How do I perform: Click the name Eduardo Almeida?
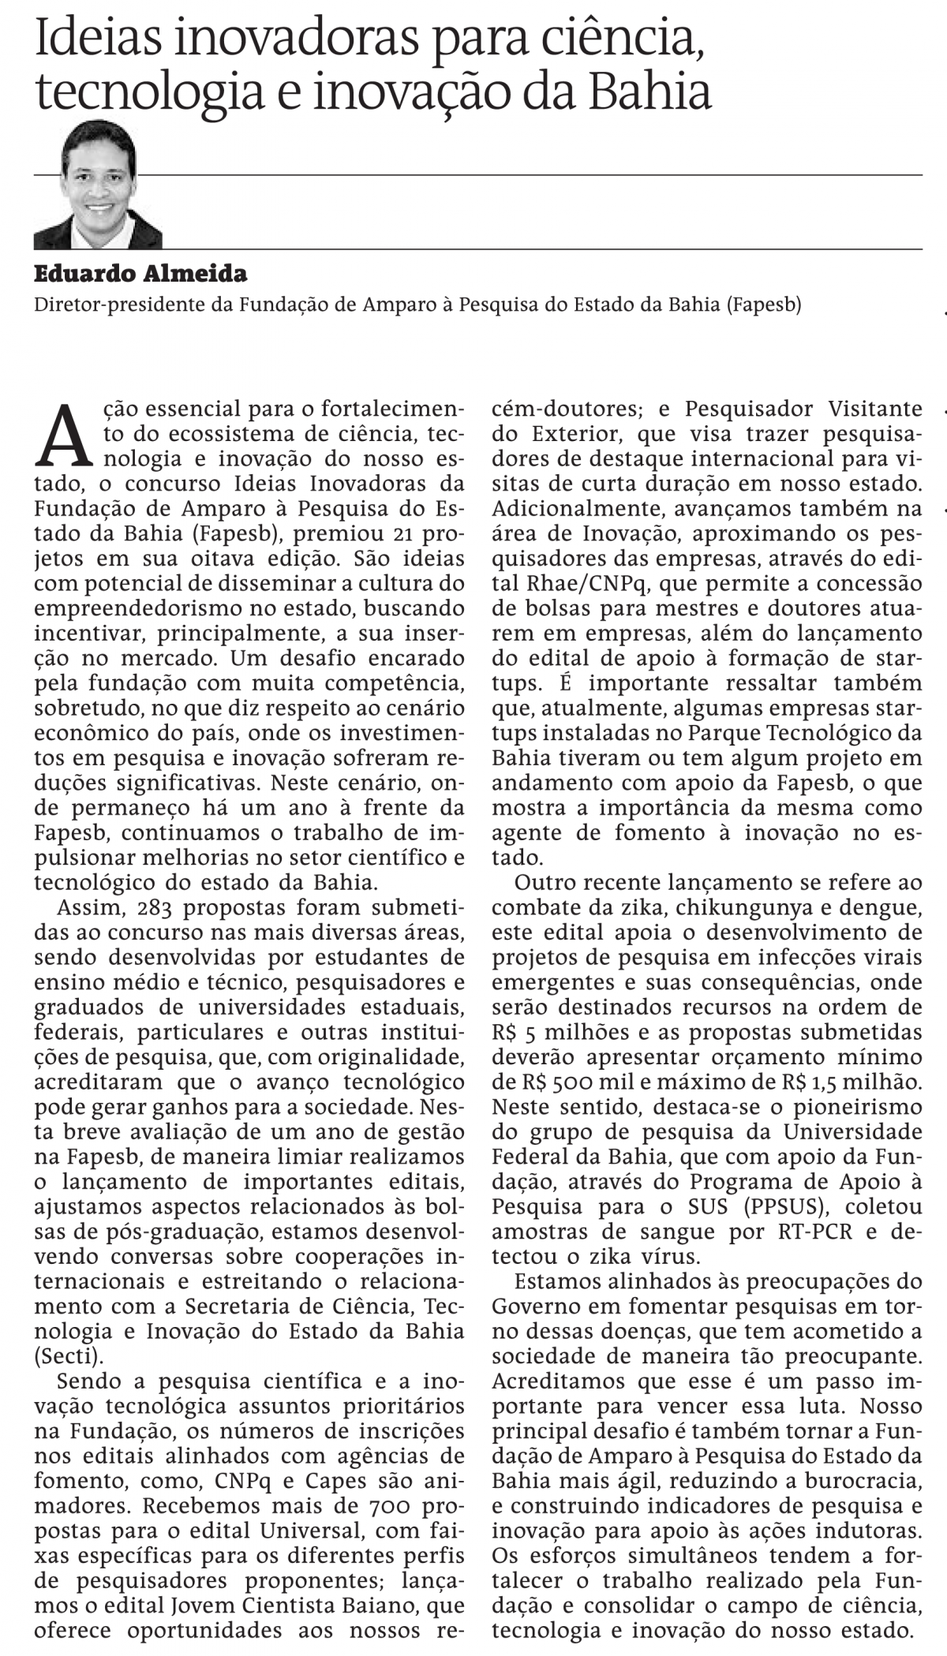pos(140,274)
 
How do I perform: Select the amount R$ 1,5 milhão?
pos(855,1082)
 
